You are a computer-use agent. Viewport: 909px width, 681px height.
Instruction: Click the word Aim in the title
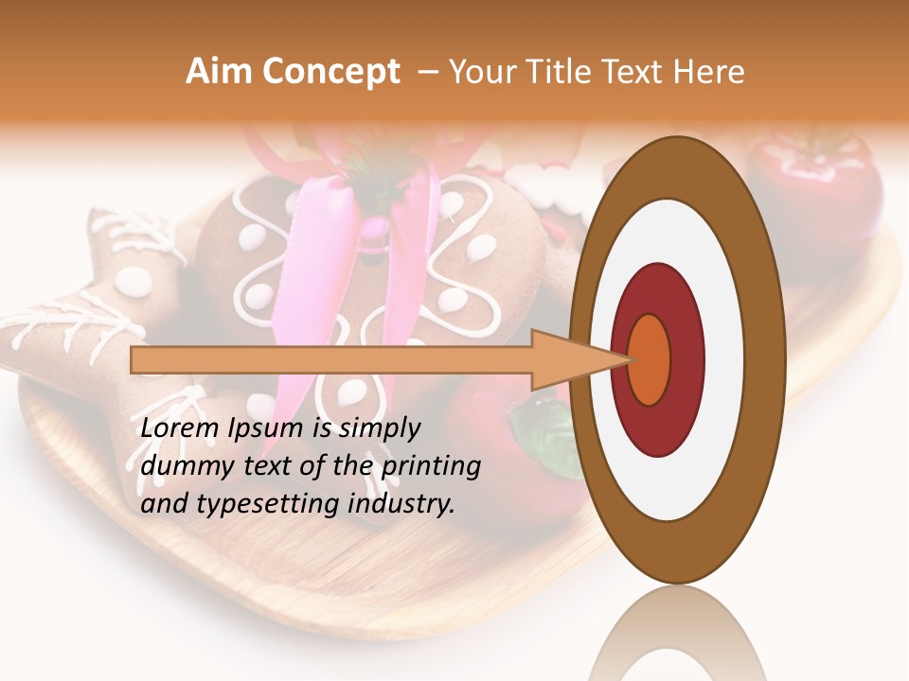point(218,72)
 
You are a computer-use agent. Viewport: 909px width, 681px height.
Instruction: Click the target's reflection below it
point(677,634)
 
